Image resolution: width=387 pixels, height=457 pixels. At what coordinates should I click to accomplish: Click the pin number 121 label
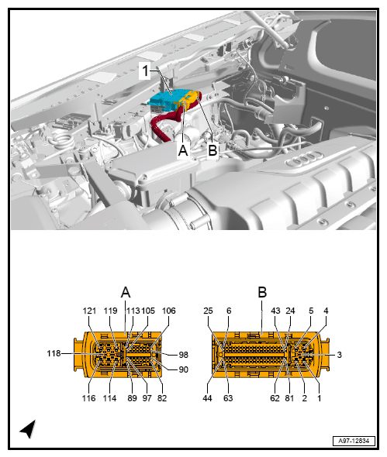(89, 311)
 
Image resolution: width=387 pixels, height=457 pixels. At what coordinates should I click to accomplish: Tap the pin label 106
(168, 311)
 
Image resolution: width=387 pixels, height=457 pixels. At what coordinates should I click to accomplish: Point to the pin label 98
(184, 354)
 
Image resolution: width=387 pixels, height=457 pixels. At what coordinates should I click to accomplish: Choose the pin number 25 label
(208, 311)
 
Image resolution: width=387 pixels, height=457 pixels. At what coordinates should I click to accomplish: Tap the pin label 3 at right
(339, 354)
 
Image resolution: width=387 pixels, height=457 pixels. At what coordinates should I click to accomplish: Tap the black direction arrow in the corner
(28, 428)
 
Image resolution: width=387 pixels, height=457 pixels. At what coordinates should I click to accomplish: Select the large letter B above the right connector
(262, 292)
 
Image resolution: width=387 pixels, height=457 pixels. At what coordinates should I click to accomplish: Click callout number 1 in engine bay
(143, 71)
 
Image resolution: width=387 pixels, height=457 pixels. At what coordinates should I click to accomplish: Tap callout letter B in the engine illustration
(212, 149)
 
